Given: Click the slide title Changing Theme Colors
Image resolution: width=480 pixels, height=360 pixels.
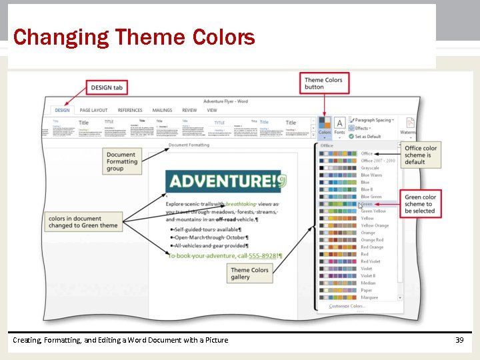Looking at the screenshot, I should pyautogui.click(x=133, y=37).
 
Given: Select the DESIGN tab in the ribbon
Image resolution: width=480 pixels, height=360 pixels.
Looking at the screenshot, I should pyautogui.click(x=62, y=110).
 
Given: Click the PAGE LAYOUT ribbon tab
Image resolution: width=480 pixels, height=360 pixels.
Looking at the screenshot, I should pyautogui.click(x=93, y=110).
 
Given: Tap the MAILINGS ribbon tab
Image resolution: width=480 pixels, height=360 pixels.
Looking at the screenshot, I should pyautogui.click(x=162, y=110).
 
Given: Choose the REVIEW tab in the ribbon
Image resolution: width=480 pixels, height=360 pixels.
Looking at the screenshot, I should pyautogui.click(x=189, y=110).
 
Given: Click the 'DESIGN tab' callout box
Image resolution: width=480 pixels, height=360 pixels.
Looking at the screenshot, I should pyautogui.click(x=106, y=87).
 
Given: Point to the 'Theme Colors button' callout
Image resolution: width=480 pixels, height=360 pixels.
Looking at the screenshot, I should pyautogui.click(x=323, y=83).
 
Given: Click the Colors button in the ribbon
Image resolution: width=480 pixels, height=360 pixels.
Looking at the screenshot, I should pyautogui.click(x=325, y=126).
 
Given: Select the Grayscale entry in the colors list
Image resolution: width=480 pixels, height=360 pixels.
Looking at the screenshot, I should pyautogui.click(x=370, y=168).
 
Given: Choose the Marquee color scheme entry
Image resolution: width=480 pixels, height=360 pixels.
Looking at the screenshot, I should pyautogui.click(x=370, y=297).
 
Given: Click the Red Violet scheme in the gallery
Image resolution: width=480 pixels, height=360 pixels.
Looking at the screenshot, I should pyautogui.click(x=371, y=261).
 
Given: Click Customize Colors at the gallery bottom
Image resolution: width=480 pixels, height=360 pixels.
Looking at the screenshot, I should pyautogui.click(x=346, y=307).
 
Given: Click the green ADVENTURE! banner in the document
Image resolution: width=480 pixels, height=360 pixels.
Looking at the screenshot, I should pyautogui.click(x=225, y=181).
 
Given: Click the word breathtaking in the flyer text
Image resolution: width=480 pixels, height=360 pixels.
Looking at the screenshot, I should pyautogui.click(x=243, y=204).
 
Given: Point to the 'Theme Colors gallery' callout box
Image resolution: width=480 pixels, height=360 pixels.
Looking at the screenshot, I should pyautogui.click(x=250, y=273).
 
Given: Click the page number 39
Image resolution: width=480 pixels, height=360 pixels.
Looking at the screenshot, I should pyautogui.click(x=459, y=340).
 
